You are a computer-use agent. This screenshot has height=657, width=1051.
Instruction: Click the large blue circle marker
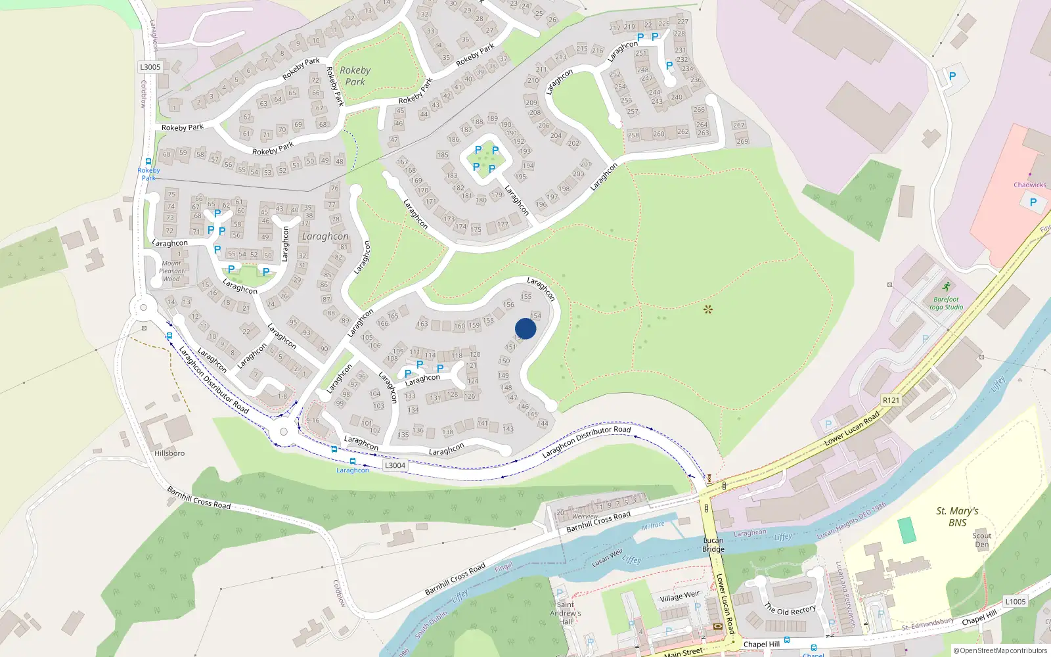click(x=525, y=329)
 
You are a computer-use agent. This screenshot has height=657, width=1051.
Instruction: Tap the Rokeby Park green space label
click(x=355, y=76)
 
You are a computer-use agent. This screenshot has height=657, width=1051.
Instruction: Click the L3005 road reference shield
click(x=150, y=67)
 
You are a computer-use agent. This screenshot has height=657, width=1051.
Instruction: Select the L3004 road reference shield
click(x=395, y=465)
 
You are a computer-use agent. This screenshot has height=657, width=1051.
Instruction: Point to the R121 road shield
click(x=891, y=400)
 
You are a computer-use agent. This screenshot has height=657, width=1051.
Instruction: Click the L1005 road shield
click(x=1015, y=601)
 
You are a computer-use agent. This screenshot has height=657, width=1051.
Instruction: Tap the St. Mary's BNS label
click(x=957, y=516)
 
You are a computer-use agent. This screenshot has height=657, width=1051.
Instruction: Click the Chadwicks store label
click(x=1029, y=185)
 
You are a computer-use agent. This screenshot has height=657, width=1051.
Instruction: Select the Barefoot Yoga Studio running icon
click(x=946, y=287)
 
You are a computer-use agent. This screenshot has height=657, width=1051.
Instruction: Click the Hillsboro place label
click(x=169, y=453)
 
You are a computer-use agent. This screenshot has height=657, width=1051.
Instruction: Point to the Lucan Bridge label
click(x=713, y=545)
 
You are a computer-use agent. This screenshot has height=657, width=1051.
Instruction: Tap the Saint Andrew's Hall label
click(x=566, y=613)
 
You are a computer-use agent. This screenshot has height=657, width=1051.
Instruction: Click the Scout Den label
click(x=982, y=539)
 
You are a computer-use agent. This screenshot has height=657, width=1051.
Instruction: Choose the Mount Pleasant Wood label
click(x=172, y=271)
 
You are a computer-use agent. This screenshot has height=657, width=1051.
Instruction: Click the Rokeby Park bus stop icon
click(x=148, y=162)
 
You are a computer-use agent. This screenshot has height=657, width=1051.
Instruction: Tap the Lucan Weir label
click(x=607, y=558)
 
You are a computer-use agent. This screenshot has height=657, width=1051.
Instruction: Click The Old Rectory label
click(x=790, y=610)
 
